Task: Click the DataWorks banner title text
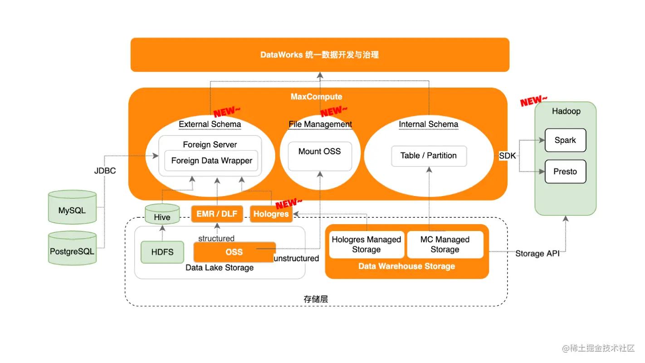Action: [319, 55]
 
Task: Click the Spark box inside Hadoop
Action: [565, 140]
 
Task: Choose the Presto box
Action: [565, 172]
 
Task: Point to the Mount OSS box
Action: [320, 152]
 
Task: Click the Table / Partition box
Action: [429, 156]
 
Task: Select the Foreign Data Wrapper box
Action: [211, 161]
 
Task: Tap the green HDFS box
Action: [162, 252]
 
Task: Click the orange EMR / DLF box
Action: [217, 214]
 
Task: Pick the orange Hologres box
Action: [271, 214]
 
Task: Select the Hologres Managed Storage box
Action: [366, 245]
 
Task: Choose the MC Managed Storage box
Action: [445, 245]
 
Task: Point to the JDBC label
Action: [105, 171]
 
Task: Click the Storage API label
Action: [537, 254]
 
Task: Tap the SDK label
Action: [508, 156]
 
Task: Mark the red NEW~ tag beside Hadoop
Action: [533, 101]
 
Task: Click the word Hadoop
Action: [566, 111]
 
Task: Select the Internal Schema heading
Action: [429, 124]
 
